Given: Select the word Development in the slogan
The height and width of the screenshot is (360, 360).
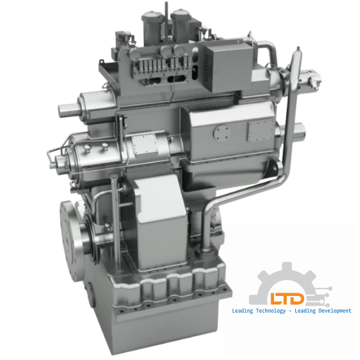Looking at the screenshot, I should coord(329,311).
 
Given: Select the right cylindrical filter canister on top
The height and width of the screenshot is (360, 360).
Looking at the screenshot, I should coord(181,27).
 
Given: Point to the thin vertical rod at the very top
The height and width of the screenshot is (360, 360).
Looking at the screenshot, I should coord(165,7).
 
